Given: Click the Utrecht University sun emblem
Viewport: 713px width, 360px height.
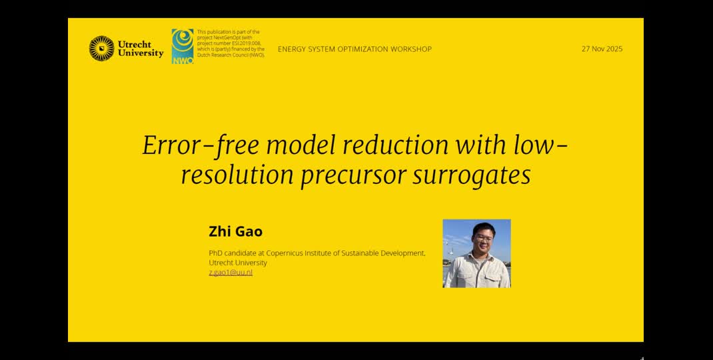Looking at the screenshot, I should tap(101, 49).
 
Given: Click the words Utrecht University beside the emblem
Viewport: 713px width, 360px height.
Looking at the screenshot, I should tap(141, 49).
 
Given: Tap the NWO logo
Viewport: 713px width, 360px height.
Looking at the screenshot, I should tap(183, 46).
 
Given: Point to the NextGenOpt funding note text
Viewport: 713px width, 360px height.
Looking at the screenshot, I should tap(231, 43).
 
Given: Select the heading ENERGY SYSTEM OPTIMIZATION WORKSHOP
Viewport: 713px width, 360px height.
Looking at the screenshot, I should tap(355, 49).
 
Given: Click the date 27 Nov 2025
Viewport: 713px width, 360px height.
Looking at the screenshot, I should tap(602, 49).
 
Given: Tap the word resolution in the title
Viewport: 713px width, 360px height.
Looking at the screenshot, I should tap(237, 175).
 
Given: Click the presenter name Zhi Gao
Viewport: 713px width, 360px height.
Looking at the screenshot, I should tap(235, 232).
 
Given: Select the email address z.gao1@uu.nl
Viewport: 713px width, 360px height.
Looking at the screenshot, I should tap(231, 272).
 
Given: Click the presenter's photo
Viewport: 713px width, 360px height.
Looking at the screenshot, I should tap(476, 253).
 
